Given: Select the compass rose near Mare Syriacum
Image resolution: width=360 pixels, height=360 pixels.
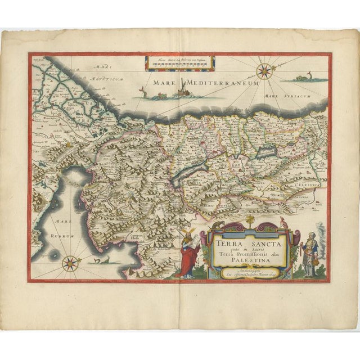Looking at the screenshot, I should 263,71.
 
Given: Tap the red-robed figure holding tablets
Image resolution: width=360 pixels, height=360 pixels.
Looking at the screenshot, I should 187,256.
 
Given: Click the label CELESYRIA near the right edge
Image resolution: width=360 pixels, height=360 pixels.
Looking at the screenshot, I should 305,183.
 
